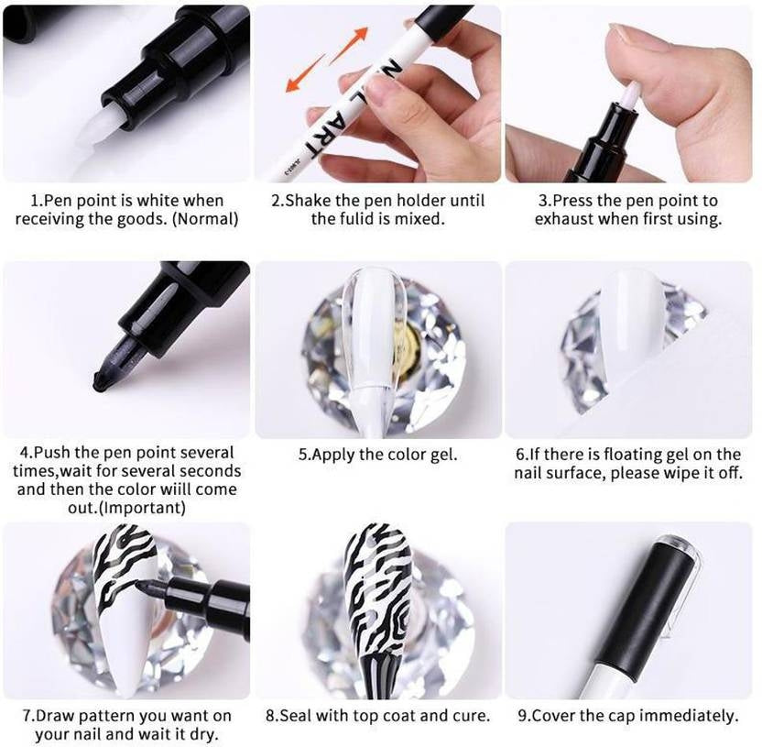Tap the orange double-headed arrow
[x=328, y=60]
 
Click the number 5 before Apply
[x=302, y=454]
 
